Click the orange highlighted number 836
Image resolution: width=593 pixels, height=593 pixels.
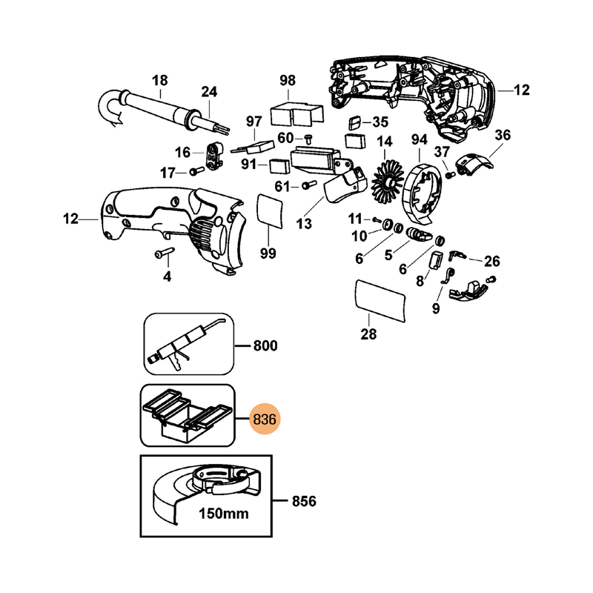[265, 420]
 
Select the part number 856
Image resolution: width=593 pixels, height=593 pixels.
[304, 502]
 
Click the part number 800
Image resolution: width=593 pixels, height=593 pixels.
[265, 345]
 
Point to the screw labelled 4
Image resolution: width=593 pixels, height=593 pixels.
[164, 254]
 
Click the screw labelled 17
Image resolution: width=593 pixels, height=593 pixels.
[196, 172]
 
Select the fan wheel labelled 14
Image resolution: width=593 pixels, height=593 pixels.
[387, 182]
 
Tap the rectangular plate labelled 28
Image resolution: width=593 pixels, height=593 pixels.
[382, 302]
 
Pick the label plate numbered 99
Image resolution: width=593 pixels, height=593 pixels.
[269, 209]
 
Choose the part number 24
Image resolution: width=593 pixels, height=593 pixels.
[210, 92]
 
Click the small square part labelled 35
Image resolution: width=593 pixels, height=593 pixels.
[355, 122]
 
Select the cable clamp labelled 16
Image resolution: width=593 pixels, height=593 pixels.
[216, 155]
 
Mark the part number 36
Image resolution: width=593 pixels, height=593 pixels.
[503, 135]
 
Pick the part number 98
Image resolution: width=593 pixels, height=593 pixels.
[288, 80]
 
